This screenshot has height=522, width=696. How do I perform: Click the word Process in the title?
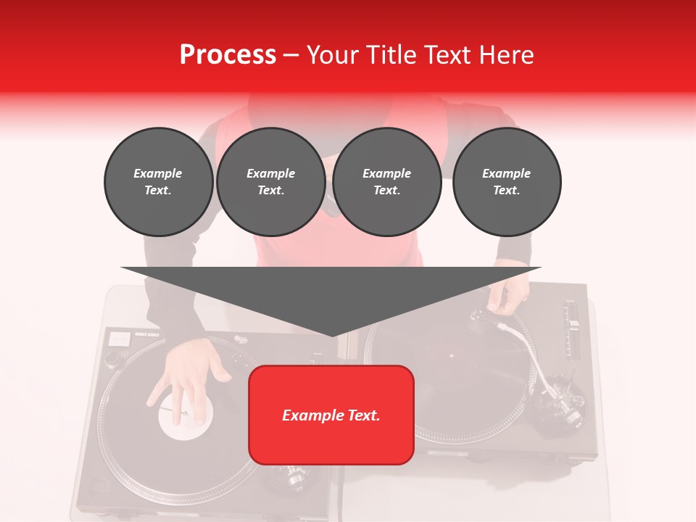tap(228, 55)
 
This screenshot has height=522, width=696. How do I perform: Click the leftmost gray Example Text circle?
tap(158, 182)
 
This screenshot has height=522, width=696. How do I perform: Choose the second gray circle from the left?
tap(271, 182)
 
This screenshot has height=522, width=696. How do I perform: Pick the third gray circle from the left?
tap(386, 182)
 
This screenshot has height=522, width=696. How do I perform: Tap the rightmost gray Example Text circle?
tap(507, 182)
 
